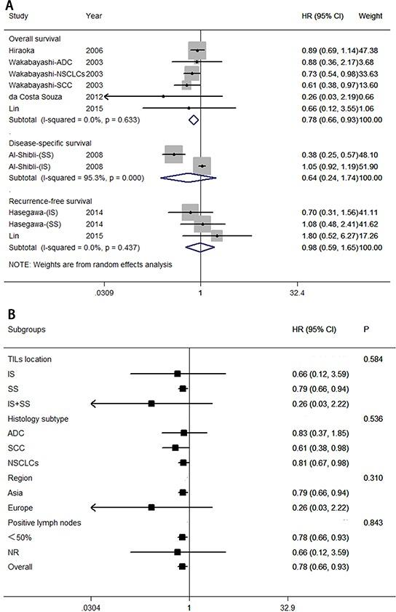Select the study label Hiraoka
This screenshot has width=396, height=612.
(x=23, y=50)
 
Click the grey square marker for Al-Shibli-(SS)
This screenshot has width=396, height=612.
(x=173, y=154)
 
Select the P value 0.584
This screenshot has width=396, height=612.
(x=373, y=359)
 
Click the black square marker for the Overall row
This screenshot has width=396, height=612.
(x=182, y=566)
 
